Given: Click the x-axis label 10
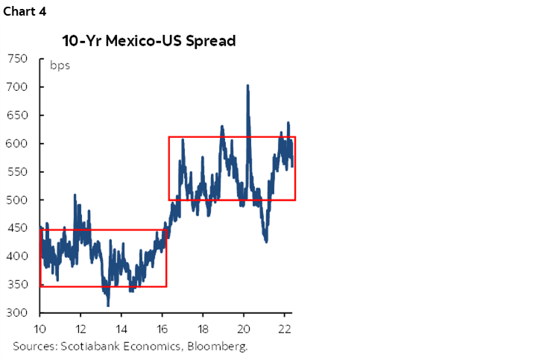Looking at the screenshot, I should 40,329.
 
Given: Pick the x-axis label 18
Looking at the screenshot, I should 203,329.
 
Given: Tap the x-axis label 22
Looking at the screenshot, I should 284,329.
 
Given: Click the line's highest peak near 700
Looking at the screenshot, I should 247,86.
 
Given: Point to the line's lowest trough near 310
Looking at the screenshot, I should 108,306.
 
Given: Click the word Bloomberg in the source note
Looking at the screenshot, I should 221,347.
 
